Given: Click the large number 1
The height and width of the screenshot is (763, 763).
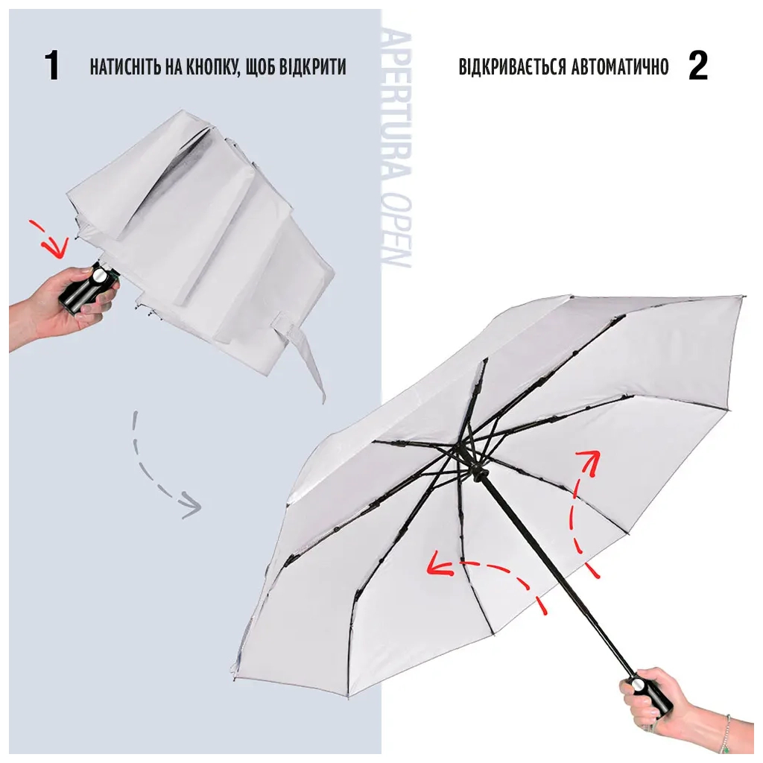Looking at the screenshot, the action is pyautogui.click(x=52, y=66).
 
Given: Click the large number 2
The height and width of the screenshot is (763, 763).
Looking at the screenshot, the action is pyautogui.click(x=697, y=66).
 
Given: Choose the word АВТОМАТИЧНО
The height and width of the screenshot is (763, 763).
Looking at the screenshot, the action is pyautogui.click(x=620, y=66).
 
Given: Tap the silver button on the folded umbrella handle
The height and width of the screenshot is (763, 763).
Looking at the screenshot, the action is pyautogui.click(x=98, y=277).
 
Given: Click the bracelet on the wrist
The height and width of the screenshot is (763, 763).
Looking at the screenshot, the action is pyautogui.click(x=726, y=735).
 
